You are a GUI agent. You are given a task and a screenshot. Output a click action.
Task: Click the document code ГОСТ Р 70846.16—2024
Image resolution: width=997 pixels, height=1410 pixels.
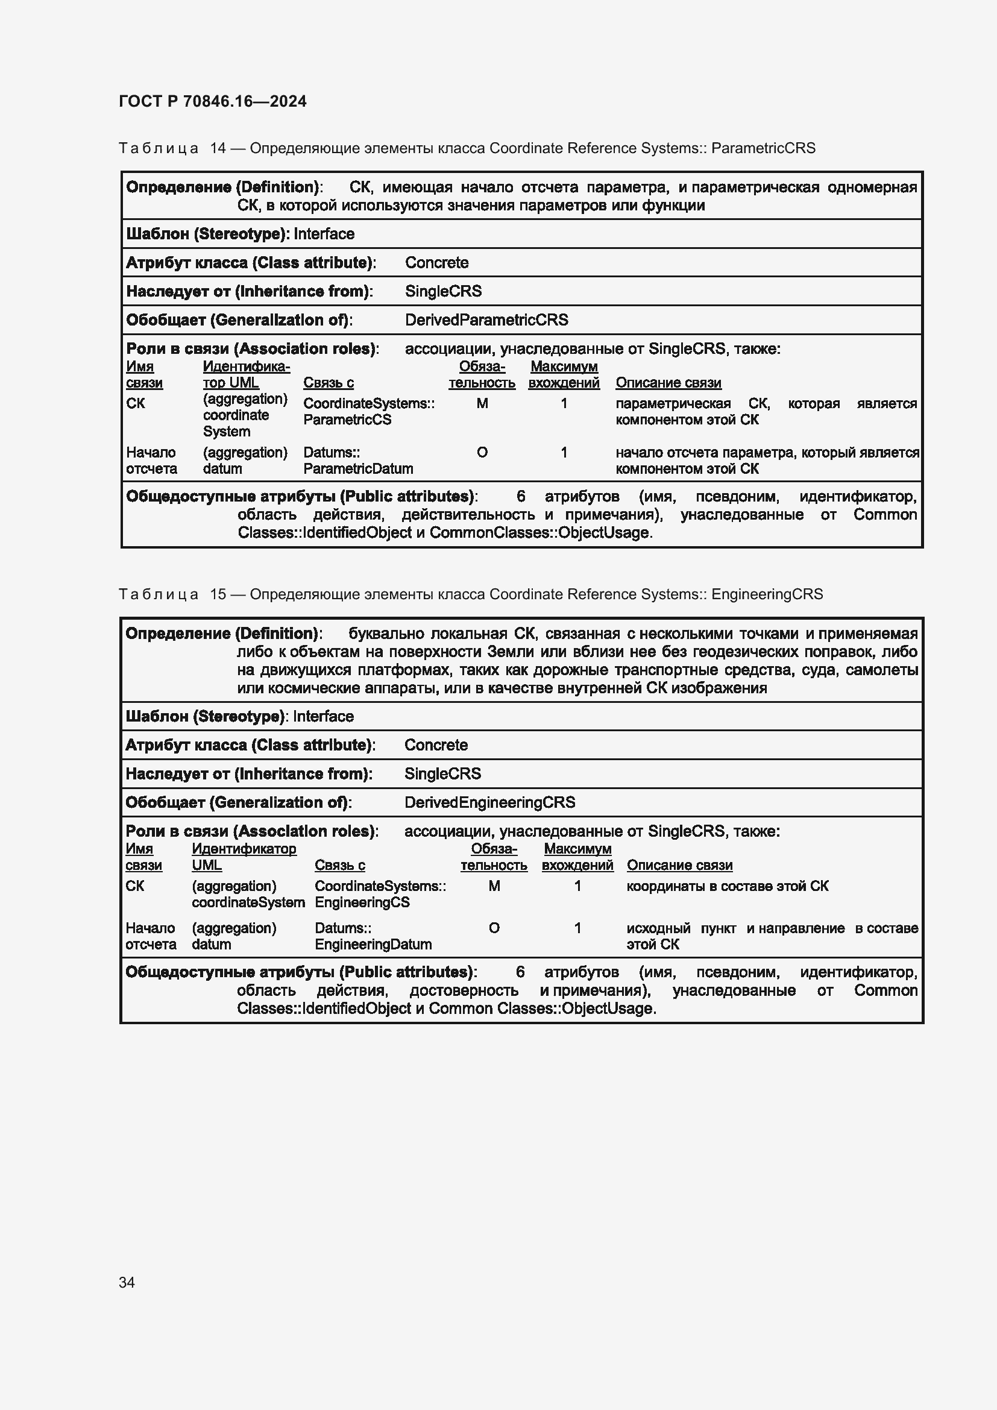[212, 101]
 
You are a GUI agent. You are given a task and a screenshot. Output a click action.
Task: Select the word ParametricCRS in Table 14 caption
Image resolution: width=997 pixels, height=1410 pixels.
[763, 148]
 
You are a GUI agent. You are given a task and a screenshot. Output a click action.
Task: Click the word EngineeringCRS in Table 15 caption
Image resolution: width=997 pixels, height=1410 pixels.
[767, 594]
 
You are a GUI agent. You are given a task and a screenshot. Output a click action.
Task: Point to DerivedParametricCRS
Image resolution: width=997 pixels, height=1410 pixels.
[486, 320]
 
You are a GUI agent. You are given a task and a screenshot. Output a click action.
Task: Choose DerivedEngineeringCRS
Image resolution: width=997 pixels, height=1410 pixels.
[489, 802]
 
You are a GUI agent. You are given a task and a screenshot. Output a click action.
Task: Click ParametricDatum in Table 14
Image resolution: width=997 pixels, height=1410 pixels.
[358, 468]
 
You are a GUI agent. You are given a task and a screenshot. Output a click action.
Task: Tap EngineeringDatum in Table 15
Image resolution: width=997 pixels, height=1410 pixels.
[373, 944]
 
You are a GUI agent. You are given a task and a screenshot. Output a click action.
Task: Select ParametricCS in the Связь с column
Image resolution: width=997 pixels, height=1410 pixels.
[347, 420]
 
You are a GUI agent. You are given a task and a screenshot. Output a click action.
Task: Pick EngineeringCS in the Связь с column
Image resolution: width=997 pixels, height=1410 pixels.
[362, 902]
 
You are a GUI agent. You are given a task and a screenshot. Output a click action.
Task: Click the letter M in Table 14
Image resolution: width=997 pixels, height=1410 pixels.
[482, 403]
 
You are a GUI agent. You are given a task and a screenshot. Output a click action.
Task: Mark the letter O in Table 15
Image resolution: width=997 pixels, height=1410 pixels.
[494, 928]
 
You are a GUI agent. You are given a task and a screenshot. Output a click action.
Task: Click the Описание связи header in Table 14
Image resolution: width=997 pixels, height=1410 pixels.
[668, 383]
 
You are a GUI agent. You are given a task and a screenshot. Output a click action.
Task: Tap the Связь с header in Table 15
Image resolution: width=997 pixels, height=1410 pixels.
[339, 864]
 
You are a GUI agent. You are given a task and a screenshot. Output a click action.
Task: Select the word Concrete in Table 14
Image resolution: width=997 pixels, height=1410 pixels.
[436, 263]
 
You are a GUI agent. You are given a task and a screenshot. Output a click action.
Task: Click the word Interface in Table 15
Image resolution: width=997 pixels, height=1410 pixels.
[323, 716]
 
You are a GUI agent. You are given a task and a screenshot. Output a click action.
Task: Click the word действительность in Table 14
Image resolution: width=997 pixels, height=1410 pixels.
[468, 515]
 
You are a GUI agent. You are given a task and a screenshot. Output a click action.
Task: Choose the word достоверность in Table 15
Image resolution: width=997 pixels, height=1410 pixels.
[464, 990]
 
